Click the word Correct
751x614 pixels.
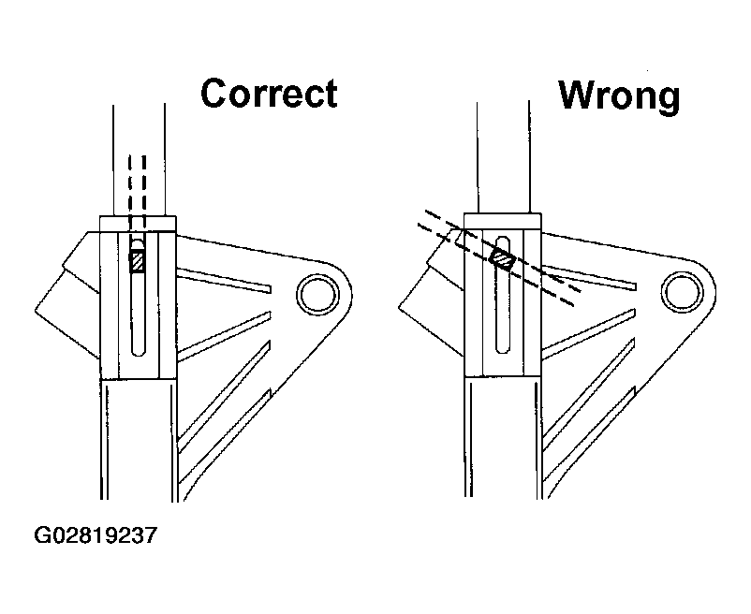(269, 93)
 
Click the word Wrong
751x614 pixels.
(619, 96)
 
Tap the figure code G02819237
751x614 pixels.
(96, 535)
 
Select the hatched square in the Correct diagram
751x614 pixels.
(138, 261)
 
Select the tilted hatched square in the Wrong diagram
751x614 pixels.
(502, 258)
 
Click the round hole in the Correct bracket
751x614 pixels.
(318, 294)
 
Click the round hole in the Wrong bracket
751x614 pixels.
(683, 292)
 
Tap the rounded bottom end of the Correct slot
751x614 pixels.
(138, 351)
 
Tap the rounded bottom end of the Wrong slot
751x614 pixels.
(503, 348)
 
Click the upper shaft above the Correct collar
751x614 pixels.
(139, 160)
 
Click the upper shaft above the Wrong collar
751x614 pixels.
(503, 157)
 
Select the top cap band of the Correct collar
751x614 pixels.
(138, 224)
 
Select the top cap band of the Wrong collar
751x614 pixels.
(503, 221)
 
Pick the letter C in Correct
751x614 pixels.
(214, 94)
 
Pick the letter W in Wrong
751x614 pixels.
(578, 95)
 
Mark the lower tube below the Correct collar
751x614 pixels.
(139, 439)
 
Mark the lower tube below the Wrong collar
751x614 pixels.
(504, 437)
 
